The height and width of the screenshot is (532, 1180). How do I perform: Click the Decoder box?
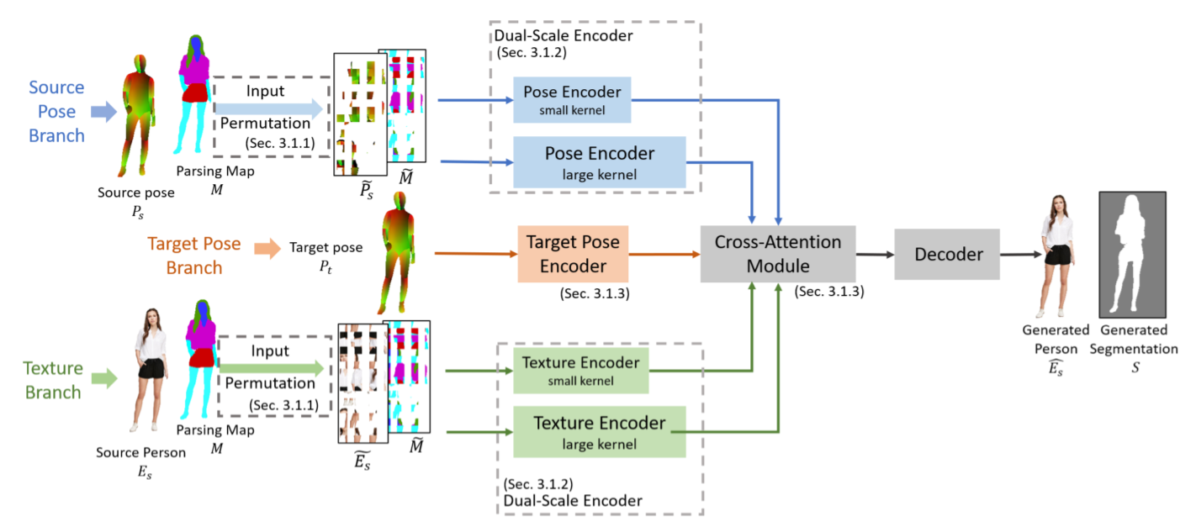(946, 254)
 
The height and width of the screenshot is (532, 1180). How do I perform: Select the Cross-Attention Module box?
(777, 254)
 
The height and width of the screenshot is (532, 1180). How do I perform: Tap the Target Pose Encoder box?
(572, 254)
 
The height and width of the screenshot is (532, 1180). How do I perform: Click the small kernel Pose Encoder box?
(572, 99)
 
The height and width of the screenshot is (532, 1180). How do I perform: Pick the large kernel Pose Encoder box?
(600, 162)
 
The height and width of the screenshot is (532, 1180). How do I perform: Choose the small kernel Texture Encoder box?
(580, 371)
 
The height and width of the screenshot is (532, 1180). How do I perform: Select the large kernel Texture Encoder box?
(599, 431)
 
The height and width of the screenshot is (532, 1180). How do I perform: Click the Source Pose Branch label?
(56, 112)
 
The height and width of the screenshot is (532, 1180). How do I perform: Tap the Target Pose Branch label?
(194, 255)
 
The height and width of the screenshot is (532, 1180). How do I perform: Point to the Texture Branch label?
(53, 380)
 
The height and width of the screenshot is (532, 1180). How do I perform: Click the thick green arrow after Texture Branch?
(103, 378)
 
